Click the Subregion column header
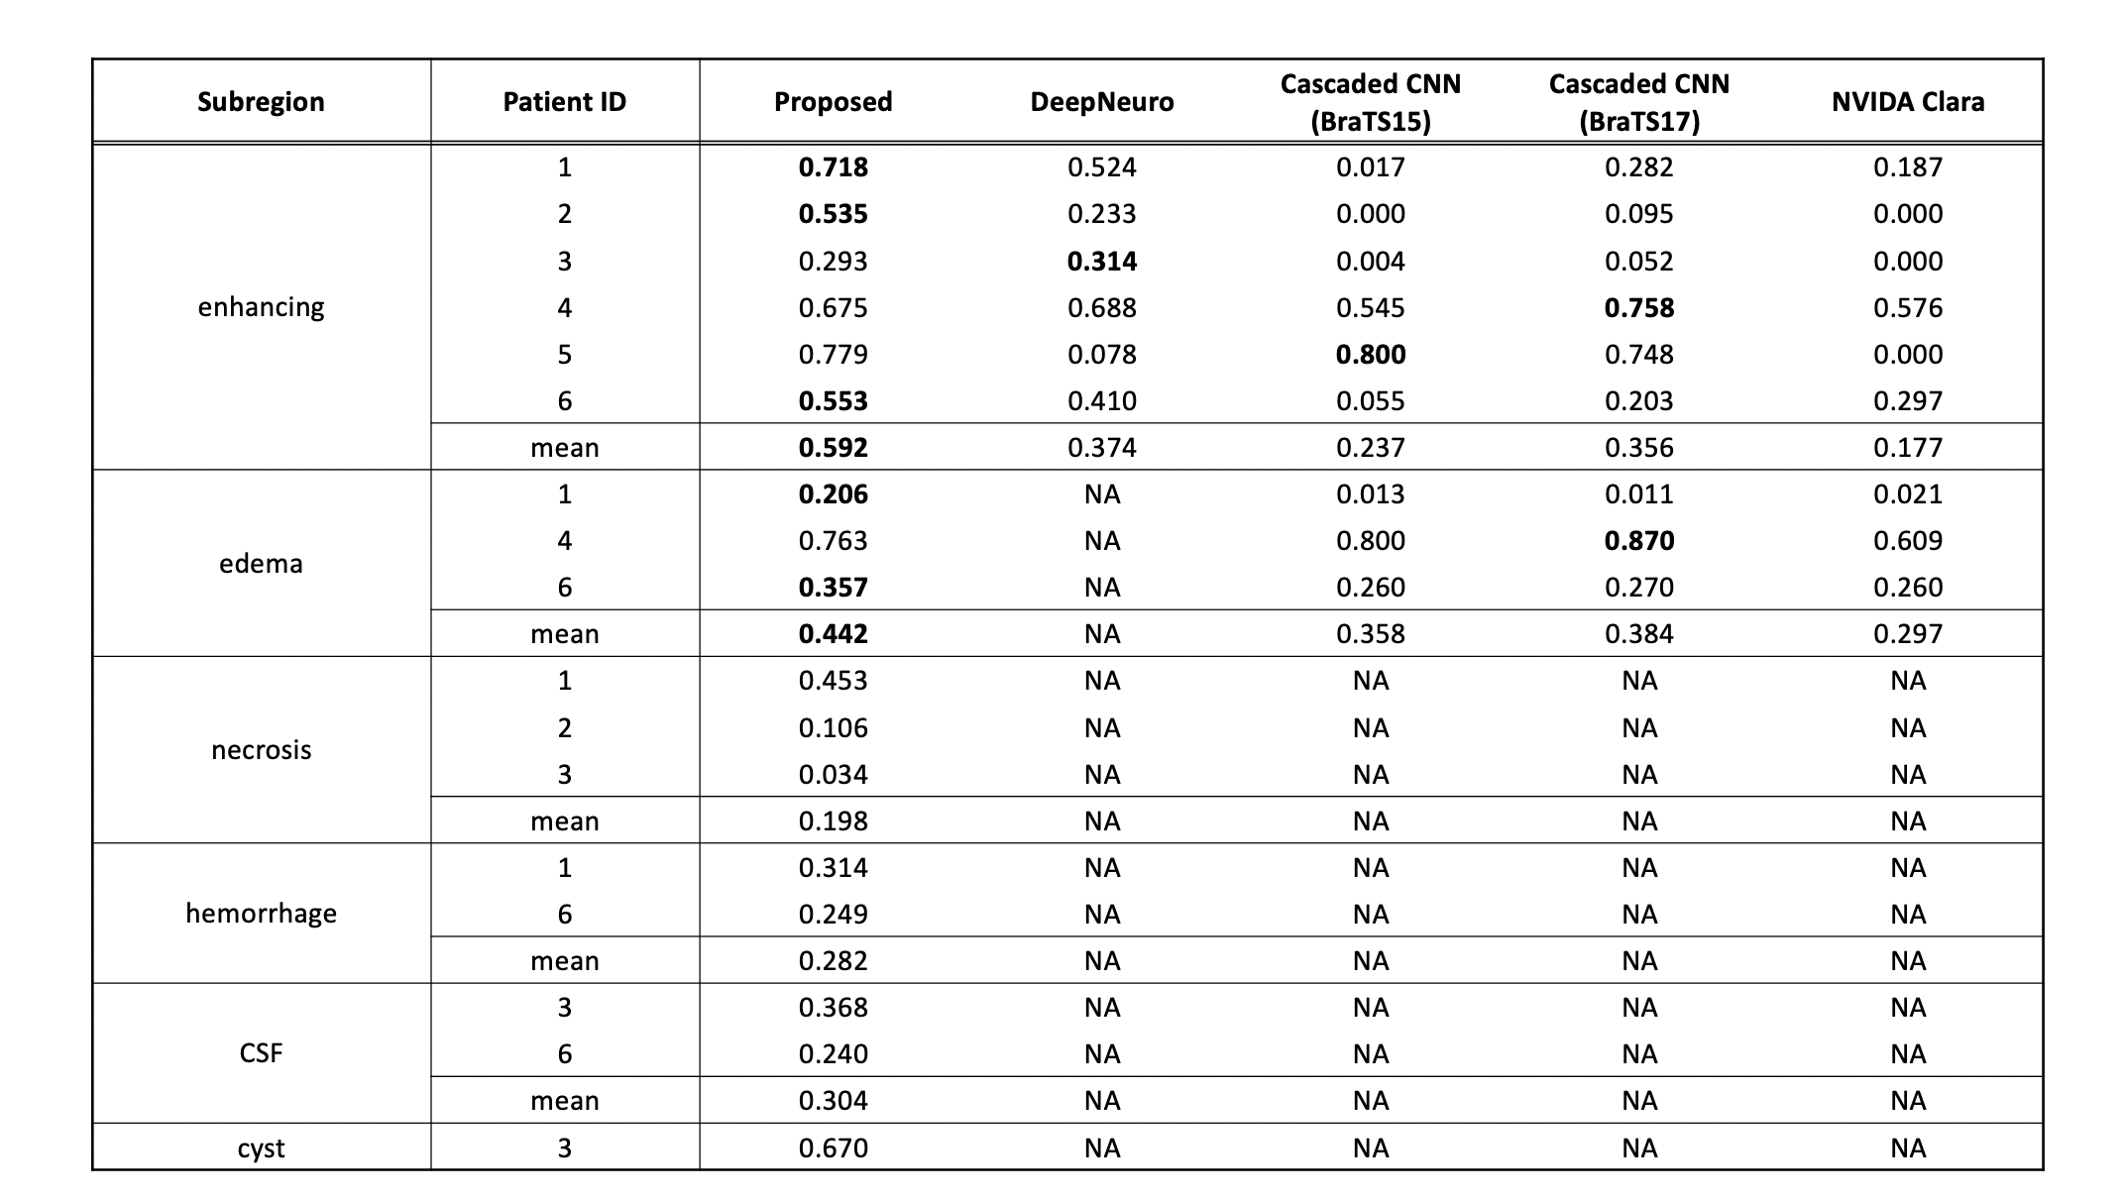(261, 102)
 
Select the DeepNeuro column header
(1101, 102)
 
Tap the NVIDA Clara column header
(1907, 102)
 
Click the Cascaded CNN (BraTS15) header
(1370, 102)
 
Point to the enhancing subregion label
(261, 307)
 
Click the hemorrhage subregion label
(261, 914)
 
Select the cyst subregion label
(261, 1148)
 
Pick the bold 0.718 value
(833, 167)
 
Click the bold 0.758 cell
(1638, 308)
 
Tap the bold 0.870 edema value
(1638, 541)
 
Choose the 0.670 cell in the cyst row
(833, 1148)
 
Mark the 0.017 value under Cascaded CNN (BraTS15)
(1370, 167)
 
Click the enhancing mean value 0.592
(833, 448)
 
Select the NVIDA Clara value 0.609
(1907, 541)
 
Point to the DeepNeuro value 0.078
(1101, 355)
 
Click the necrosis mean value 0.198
(833, 821)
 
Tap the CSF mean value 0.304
(833, 1101)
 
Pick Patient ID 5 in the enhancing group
(564, 355)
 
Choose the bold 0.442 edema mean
(833, 634)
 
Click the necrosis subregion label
(261, 750)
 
